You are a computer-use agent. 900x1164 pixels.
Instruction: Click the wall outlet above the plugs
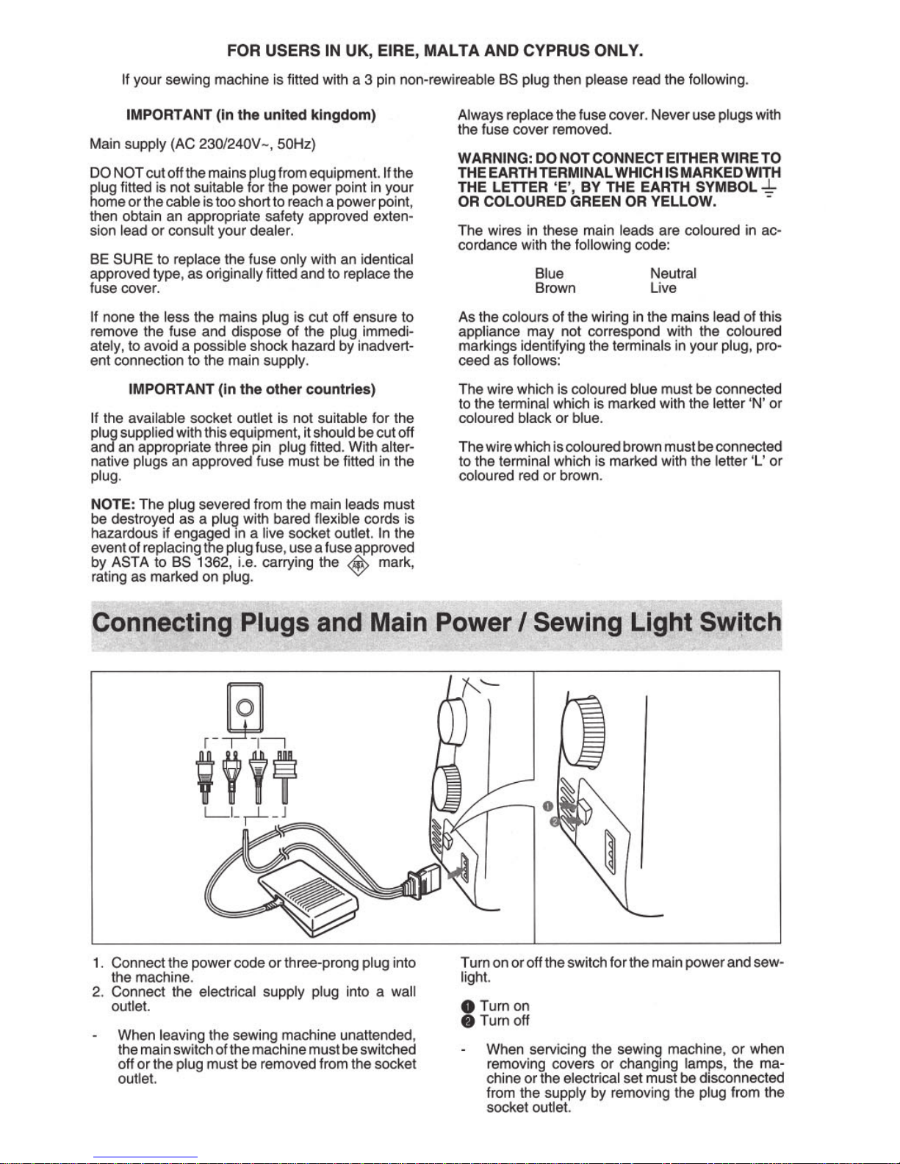245,707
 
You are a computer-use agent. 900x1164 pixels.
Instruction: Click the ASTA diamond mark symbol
359,565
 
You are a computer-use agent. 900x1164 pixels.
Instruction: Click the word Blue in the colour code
549,273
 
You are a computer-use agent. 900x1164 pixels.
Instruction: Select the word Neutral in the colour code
673,273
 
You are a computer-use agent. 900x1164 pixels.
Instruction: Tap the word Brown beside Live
555,288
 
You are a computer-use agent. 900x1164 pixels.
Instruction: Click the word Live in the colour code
663,288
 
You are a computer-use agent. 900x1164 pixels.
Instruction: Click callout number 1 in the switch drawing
547,806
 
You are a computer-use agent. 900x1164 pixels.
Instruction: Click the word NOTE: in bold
112,505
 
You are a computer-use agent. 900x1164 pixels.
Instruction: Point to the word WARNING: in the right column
494,158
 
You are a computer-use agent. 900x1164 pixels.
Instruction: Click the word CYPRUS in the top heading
556,51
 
